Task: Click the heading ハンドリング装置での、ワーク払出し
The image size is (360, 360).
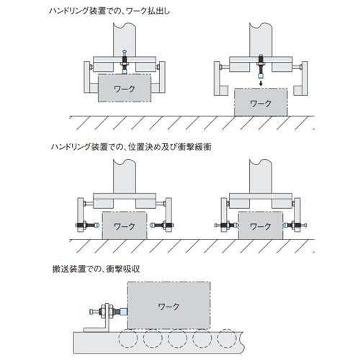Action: click(109, 11)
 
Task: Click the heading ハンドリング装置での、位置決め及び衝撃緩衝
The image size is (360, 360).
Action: click(131, 147)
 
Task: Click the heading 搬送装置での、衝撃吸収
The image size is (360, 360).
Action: click(96, 269)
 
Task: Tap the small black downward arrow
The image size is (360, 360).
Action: click(261, 83)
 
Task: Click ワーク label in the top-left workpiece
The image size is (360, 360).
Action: click(125, 89)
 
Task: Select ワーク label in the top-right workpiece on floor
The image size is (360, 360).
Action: click(261, 104)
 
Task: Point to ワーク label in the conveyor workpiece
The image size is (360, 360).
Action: click(168, 306)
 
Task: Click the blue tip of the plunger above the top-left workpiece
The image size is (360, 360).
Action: click(125, 71)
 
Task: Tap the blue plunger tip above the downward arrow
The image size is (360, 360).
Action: click(261, 76)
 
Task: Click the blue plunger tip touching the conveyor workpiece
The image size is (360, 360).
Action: click(123, 312)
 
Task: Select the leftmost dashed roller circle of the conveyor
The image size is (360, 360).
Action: click(128, 338)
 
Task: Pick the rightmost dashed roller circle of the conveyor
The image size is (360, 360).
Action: click(227, 338)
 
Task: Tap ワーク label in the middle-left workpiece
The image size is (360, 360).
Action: click(125, 226)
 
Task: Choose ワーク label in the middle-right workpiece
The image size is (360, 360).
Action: click(261, 226)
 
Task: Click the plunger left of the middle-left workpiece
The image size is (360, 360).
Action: click(87, 225)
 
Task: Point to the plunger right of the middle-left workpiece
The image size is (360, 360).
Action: click(162, 225)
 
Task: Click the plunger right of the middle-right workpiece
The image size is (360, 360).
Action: click(294, 225)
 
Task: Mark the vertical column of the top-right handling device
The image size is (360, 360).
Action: click(261, 40)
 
